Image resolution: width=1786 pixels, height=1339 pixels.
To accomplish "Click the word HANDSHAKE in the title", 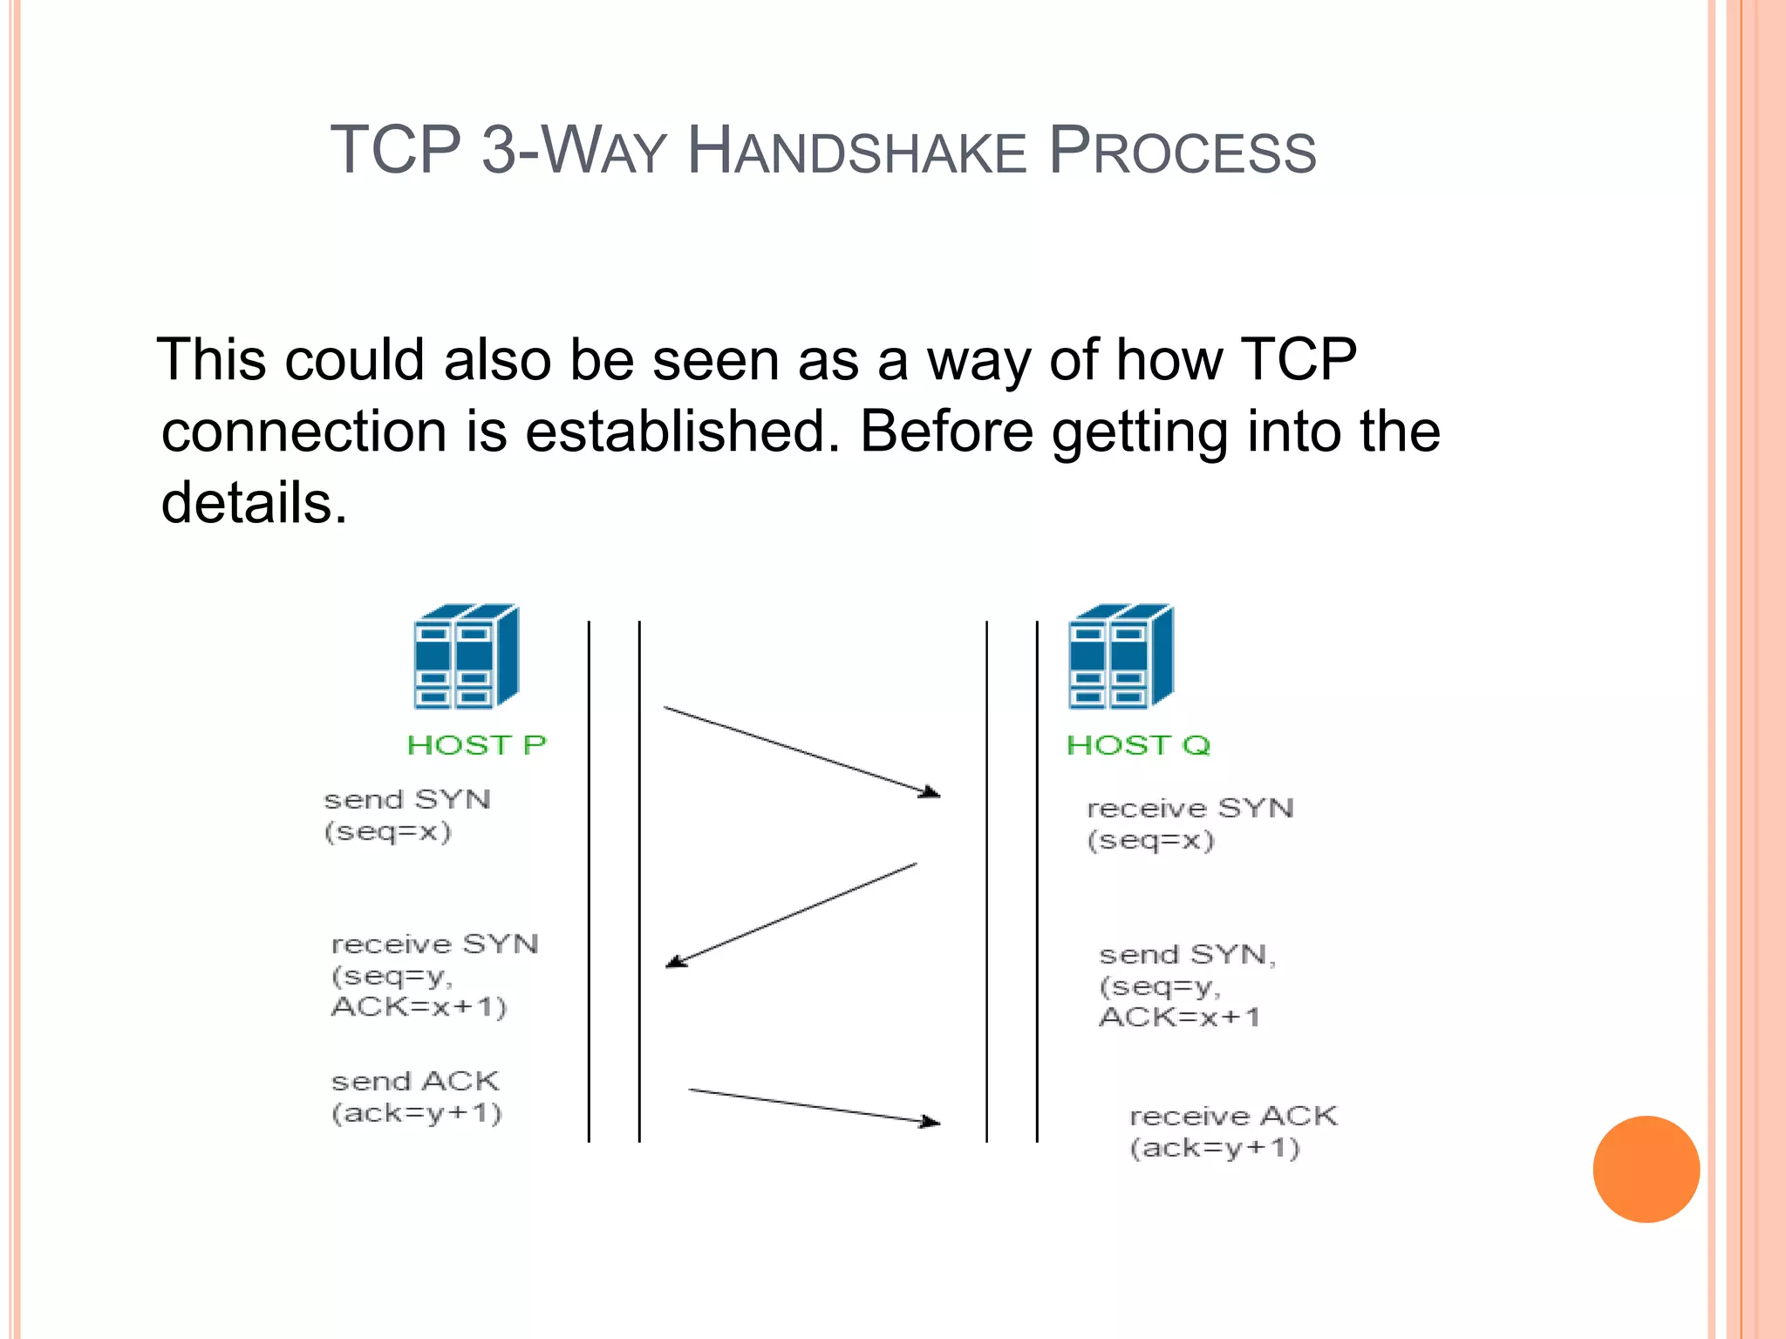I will coord(856,151).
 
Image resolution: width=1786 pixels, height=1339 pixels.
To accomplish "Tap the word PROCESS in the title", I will coord(1182,151).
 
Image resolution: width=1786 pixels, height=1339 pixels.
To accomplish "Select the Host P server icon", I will coord(467,656).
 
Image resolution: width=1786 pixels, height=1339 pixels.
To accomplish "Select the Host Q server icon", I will coord(1121,656).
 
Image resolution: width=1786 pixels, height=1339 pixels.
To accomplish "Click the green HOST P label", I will coord(476,745).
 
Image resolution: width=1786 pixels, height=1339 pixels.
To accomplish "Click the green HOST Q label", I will coord(1138,745).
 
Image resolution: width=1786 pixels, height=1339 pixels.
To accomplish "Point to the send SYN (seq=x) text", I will coord(406,815).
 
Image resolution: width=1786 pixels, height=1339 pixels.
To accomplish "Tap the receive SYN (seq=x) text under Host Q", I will coord(1190,824).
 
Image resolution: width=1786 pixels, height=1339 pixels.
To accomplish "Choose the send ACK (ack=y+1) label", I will coord(416,1097).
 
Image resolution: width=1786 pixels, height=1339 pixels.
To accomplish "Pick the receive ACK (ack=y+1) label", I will coord(1232,1132).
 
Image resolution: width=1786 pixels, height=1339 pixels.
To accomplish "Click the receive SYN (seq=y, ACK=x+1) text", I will coord(433,975).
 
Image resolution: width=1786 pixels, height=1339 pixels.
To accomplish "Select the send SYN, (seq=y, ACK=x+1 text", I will coord(1186,985).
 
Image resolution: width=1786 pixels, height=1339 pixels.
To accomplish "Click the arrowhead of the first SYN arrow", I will coord(931,792).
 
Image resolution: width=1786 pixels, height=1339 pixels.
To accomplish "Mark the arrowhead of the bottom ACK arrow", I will coord(931,1122).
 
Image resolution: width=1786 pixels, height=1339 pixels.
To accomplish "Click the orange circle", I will coord(1646,1169).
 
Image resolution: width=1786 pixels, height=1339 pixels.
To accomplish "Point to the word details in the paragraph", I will coord(253,503).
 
